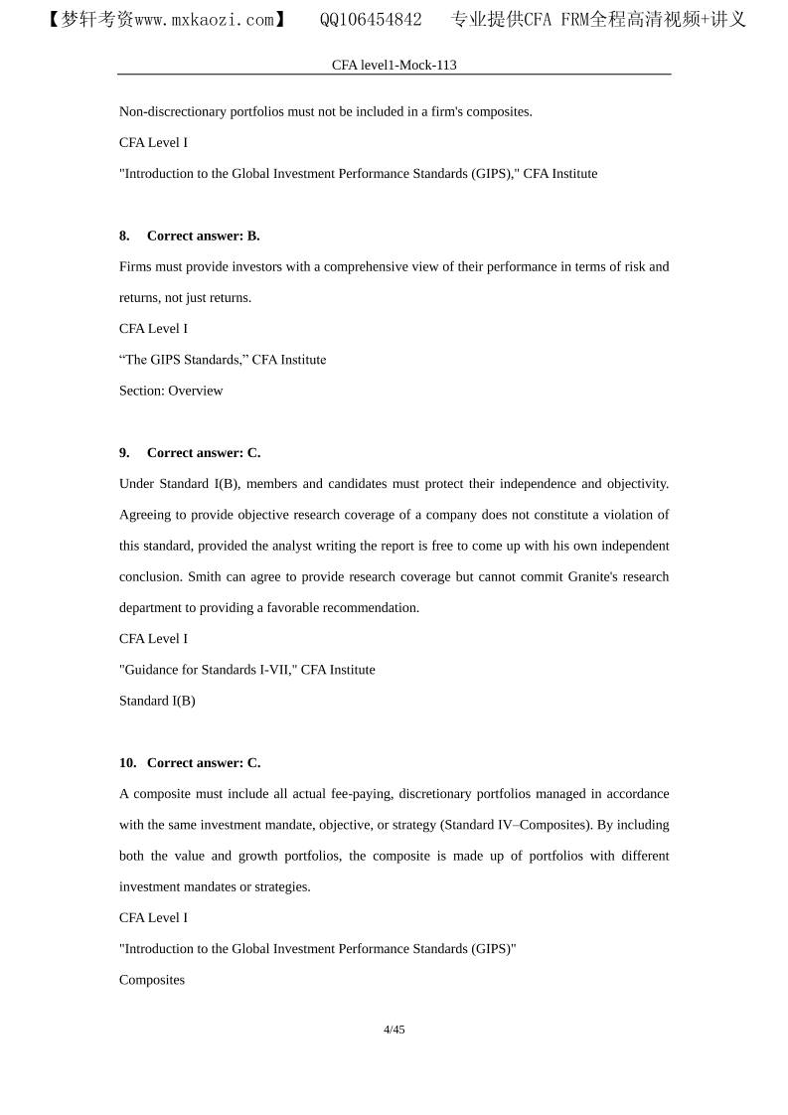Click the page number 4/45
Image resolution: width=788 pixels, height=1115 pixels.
[x=394, y=1030]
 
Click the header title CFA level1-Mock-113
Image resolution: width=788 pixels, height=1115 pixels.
[x=394, y=65]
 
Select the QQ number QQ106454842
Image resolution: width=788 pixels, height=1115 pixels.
[x=371, y=19]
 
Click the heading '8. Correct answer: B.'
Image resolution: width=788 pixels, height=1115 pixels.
[x=189, y=236]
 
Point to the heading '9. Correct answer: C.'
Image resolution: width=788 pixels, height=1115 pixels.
[x=189, y=452]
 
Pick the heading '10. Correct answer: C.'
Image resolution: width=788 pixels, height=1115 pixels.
[x=189, y=762]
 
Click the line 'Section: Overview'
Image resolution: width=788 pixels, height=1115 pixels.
[x=171, y=391]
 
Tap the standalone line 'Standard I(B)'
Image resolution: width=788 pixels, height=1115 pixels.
[x=157, y=701]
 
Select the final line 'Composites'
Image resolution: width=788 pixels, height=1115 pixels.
[x=152, y=980]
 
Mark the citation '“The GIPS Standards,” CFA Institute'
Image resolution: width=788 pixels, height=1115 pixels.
[x=223, y=360]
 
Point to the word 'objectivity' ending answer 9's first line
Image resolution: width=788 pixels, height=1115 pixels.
[x=636, y=484]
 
